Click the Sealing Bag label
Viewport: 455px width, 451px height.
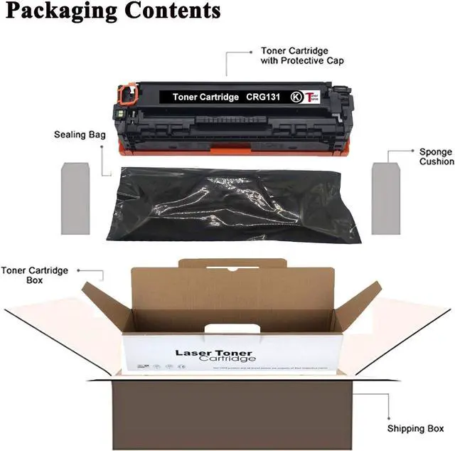point(75,134)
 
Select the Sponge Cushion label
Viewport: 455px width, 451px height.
point(435,156)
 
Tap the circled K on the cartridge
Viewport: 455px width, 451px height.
point(296,96)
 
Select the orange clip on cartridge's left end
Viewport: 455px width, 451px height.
point(127,93)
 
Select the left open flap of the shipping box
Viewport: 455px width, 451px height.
point(57,334)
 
